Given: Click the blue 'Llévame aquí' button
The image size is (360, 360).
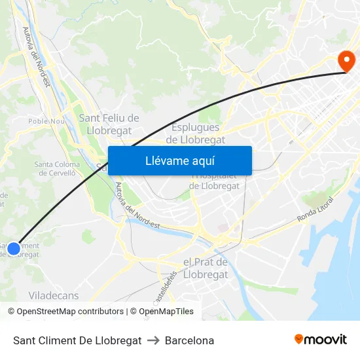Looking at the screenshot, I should [x=179, y=160].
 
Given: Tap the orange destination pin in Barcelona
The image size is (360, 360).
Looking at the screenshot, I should [x=346, y=62].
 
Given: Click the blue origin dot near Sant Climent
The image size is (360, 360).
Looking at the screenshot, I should [x=14, y=249].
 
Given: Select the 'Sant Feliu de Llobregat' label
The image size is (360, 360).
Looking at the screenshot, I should [x=109, y=123].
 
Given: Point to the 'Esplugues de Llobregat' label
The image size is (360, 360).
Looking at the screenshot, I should [x=196, y=134].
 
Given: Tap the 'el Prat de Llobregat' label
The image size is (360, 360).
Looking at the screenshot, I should [x=206, y=268].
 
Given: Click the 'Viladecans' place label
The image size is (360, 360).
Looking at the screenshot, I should [x=54, y=296].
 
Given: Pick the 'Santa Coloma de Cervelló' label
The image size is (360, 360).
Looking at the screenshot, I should [x=57, y=169].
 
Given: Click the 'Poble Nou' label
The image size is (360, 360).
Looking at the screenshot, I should [x=46, y=121].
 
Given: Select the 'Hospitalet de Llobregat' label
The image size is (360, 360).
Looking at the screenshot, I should [x=215, y=181].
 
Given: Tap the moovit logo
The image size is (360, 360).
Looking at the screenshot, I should [x=320, y=340].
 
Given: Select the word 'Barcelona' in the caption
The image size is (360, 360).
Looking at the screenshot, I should [x=189, y=341].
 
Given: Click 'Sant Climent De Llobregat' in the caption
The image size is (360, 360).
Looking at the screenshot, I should [x=77, y=341].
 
